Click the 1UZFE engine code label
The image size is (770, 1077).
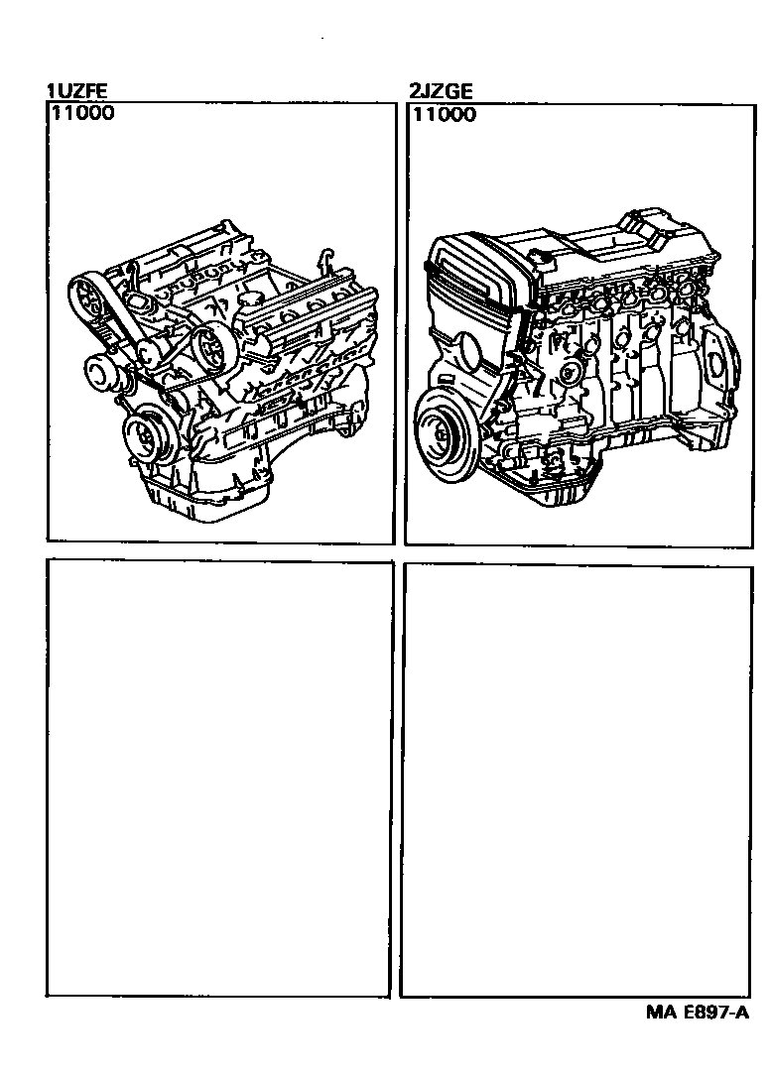(76, 92)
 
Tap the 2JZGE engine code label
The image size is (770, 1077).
(441, 92)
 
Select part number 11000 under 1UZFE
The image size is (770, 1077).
(80, 112)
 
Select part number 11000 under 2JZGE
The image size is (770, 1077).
(444, 114)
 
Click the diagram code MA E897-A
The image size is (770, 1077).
(696, 1013)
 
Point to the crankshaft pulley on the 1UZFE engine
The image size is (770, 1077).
(147, 436)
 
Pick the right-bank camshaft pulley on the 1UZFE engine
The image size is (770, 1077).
(211, 348)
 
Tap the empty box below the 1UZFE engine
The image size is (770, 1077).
(219, 778)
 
